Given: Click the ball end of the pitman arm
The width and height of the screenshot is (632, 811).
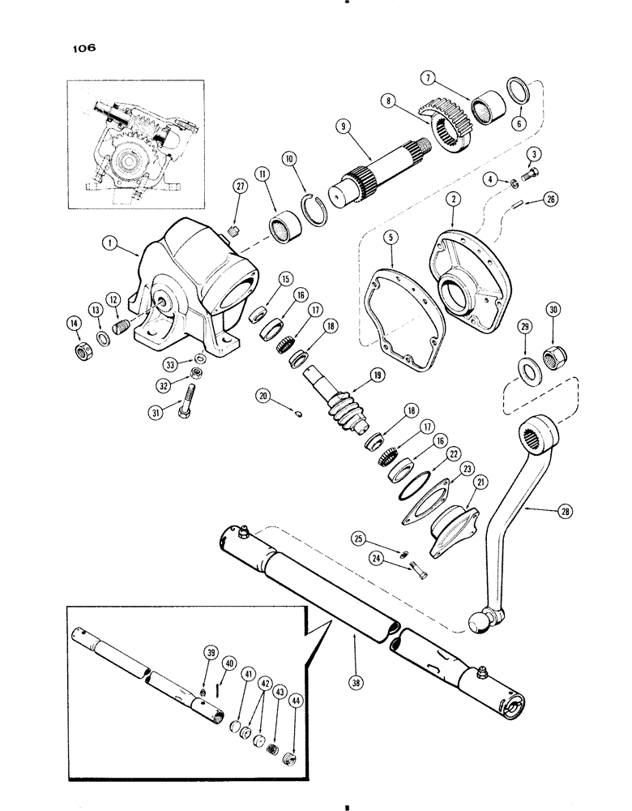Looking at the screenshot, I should (x=479, y=621).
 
